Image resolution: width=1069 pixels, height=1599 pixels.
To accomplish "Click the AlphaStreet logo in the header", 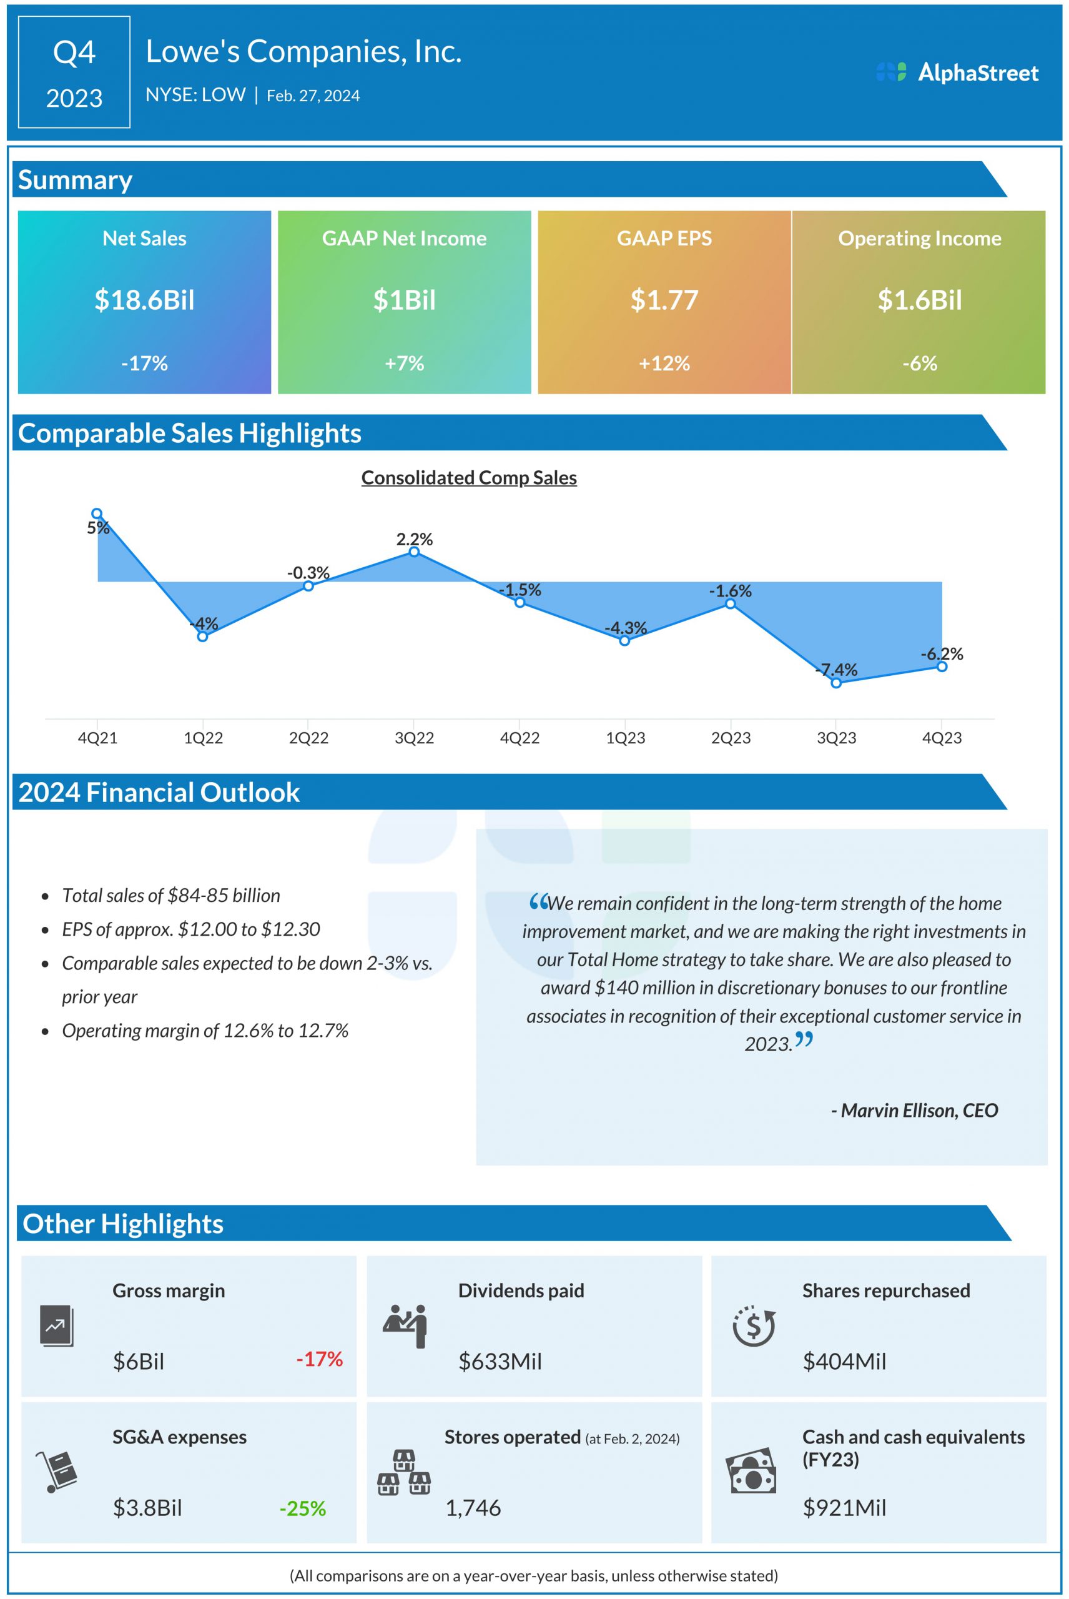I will coord(957,72).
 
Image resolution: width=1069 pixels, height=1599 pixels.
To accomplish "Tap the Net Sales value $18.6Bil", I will coord(144,300).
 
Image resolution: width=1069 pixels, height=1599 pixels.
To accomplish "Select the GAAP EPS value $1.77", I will coord(664,300).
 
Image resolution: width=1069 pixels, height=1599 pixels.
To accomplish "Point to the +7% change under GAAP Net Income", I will coord(404,363).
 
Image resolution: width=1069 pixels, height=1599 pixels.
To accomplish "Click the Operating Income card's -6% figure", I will coord(919,363).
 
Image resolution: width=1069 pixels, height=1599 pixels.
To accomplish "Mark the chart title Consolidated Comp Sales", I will coord(469,477).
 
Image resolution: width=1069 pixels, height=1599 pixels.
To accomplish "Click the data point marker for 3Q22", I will coord(414,552).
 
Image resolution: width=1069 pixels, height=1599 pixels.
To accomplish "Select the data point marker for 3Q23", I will coord(836,683).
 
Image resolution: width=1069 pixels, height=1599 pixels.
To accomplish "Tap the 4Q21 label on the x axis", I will coord(97,738).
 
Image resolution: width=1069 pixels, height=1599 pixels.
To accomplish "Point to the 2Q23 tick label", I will coord(731,738).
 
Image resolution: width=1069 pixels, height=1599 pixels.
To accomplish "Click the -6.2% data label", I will coord(942,654).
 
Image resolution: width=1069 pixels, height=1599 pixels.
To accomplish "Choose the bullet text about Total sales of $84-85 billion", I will coord(171,895).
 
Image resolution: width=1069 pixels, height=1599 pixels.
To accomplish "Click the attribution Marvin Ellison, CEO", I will coord(914,1111).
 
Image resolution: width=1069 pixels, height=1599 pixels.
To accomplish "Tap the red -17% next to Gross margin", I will coord(319,1359).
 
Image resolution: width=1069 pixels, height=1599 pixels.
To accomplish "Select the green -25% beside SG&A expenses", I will coord(303,1508).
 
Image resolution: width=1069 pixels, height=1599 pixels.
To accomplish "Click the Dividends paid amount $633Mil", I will coord(500,1361).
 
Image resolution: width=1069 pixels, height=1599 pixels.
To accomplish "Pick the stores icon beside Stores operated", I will coord(403,1473).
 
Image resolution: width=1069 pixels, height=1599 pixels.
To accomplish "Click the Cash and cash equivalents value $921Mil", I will coord(844,1508).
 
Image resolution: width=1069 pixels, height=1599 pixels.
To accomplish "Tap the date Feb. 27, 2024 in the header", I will coord(313,96).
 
